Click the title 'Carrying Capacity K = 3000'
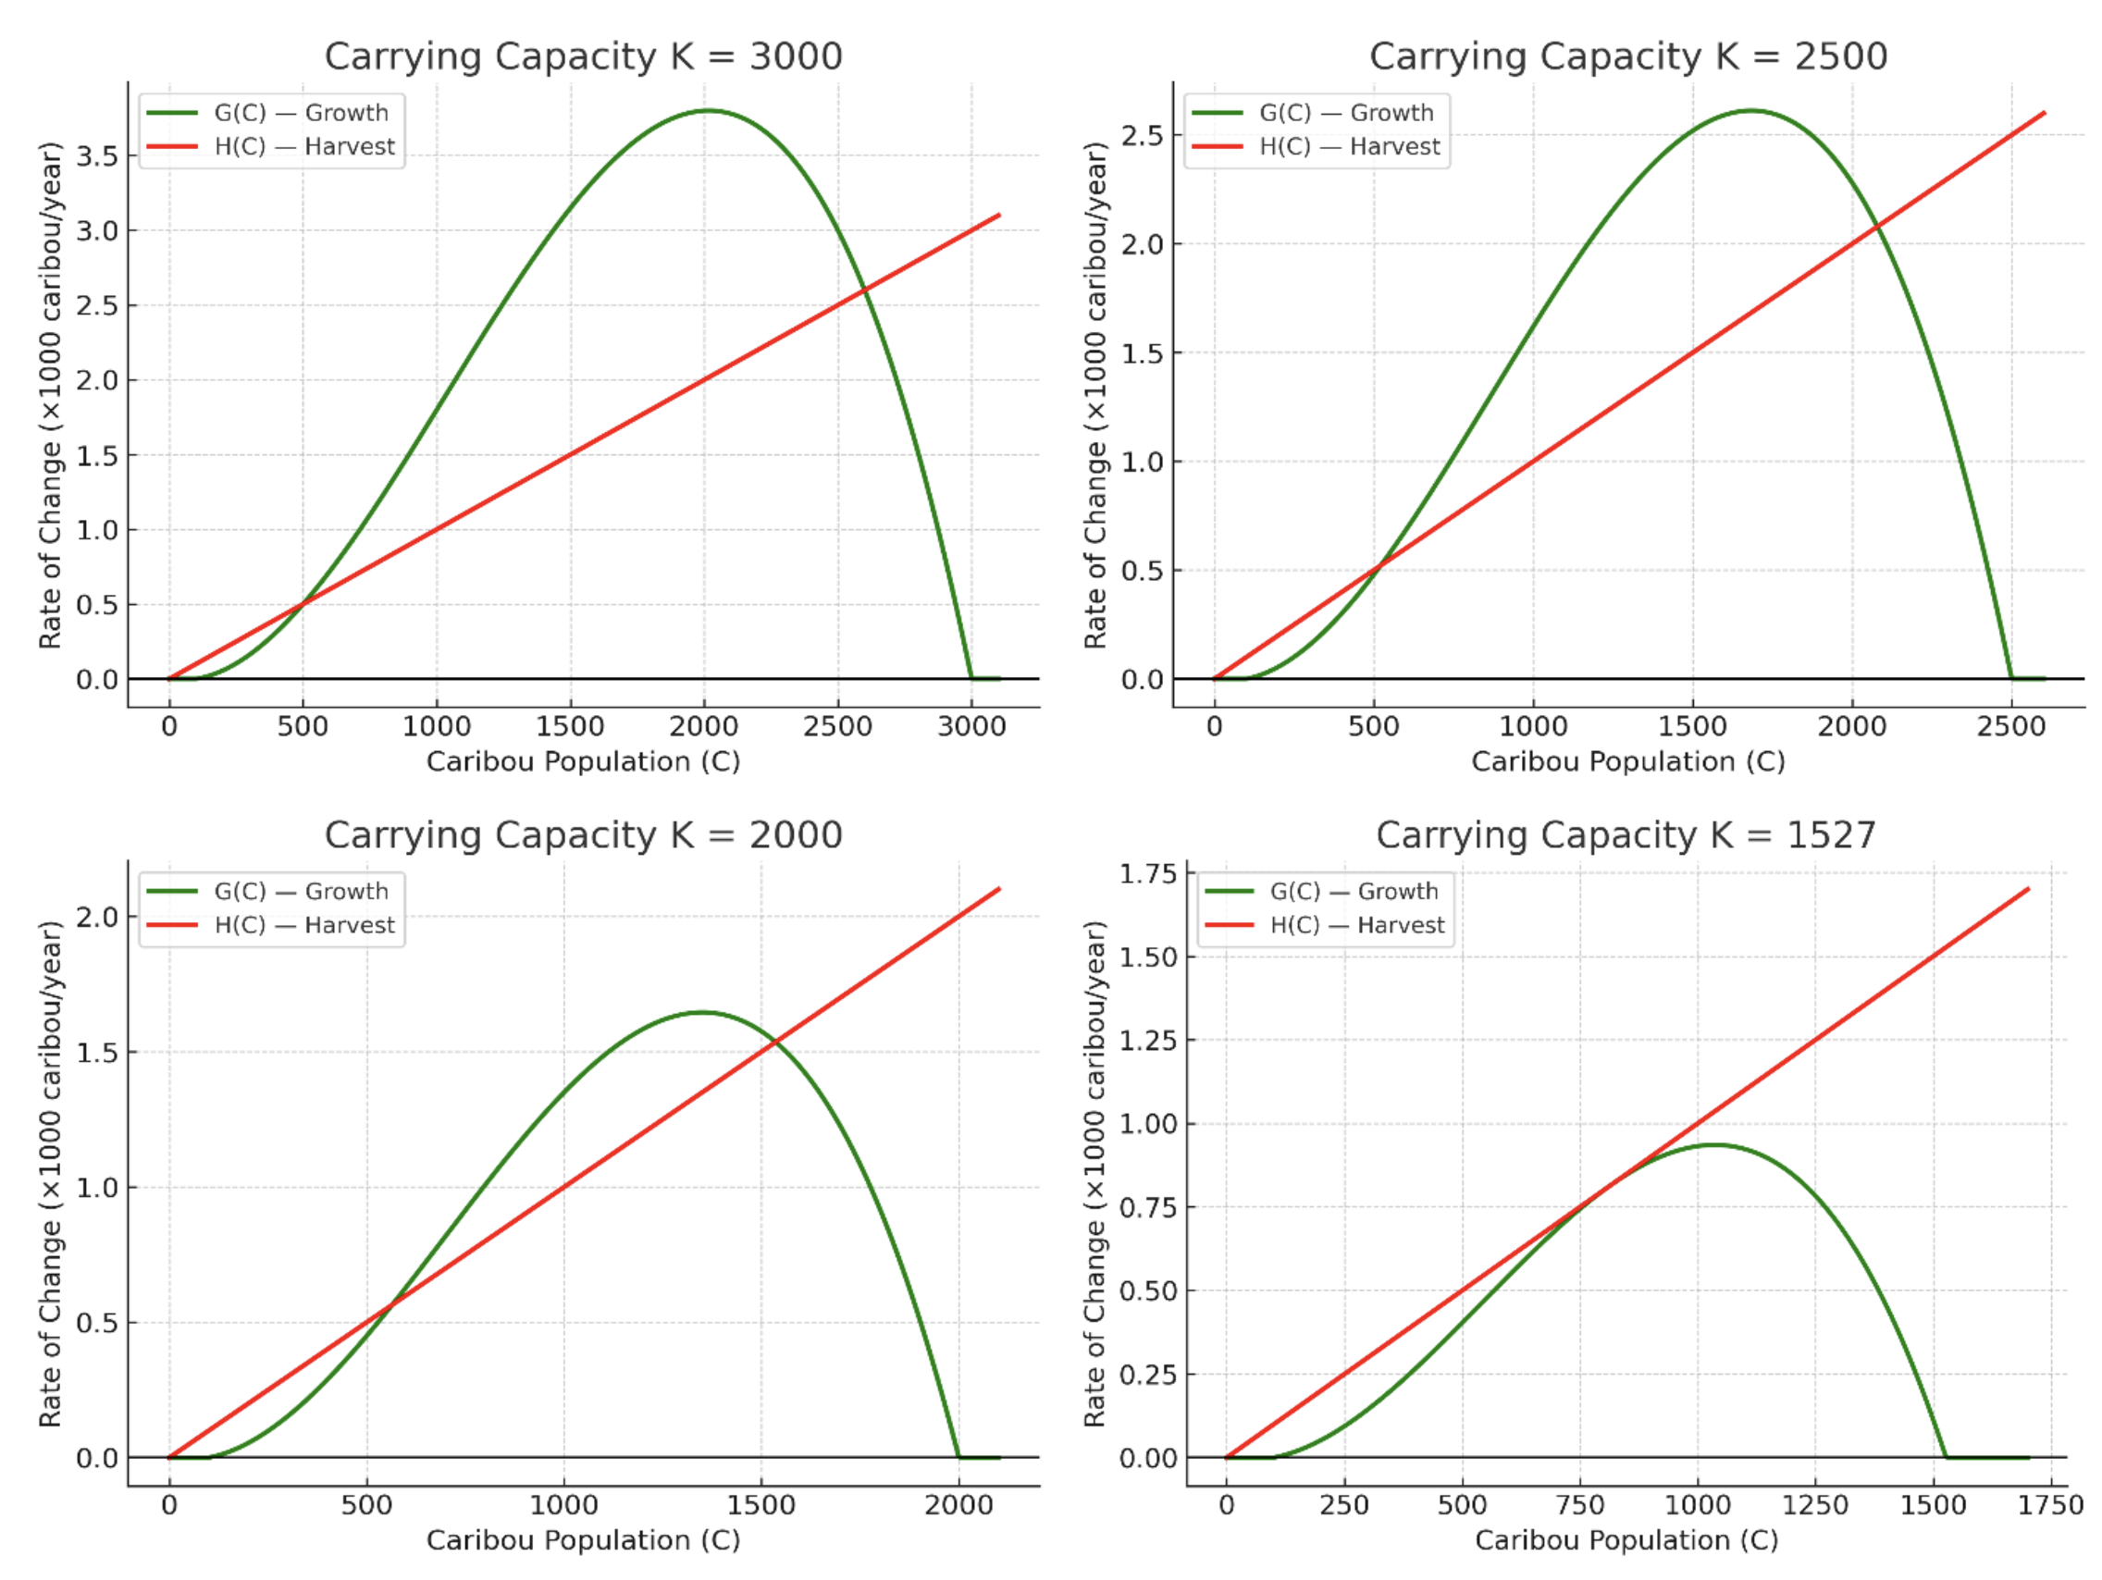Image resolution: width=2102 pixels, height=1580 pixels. point(583,56)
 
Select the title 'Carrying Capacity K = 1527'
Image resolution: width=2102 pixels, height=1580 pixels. point(1626,835)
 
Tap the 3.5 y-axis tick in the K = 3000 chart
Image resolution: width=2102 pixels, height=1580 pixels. point(97,155)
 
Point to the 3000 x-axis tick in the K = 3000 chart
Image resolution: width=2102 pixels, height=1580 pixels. point(971,727)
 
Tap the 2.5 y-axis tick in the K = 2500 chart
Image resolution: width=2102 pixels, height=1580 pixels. point(1143,135)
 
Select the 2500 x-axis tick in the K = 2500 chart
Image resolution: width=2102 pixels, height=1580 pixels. point(2010,727)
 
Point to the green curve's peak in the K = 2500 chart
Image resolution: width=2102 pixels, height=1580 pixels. point(1750,111)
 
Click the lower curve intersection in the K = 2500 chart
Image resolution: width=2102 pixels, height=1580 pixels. point(1378,566)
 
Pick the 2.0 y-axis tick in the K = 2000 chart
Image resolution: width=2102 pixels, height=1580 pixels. point(97,917)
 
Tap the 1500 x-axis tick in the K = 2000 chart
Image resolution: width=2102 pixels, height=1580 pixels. point(760,1506)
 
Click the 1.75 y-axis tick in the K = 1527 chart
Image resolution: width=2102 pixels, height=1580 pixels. point(1148,873)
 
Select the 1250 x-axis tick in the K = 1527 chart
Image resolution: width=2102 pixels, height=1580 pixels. point(1815,1506)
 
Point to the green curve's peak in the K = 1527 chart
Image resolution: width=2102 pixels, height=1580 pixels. point(1713,1145)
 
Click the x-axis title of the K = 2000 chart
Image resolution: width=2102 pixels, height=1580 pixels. point(583,1540)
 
